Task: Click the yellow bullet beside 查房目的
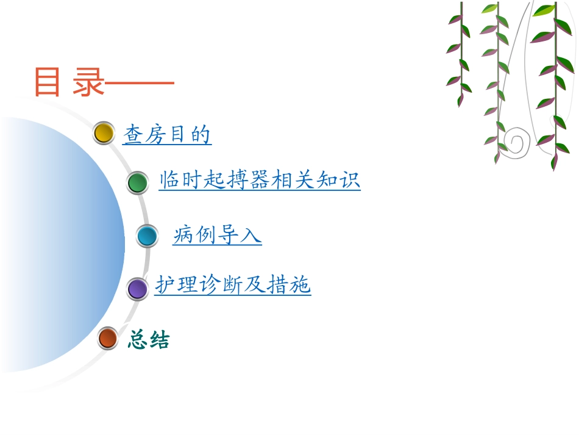point(104,133)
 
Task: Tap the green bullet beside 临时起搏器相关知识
point(138,182)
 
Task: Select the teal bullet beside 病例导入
point(147,235)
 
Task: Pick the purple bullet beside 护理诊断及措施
point(138,289)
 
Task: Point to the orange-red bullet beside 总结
point(108,337)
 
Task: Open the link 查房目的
point(167,134)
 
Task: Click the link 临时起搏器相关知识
point(260,181)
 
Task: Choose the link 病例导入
point(217,234)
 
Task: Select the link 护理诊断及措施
point(233,285)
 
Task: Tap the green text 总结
point(149,340)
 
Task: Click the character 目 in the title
point(48,82)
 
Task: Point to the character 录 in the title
point(88,82)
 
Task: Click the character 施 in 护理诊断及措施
point(300,285)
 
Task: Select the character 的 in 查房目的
point(201,134)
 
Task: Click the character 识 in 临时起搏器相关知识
point(350,181)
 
